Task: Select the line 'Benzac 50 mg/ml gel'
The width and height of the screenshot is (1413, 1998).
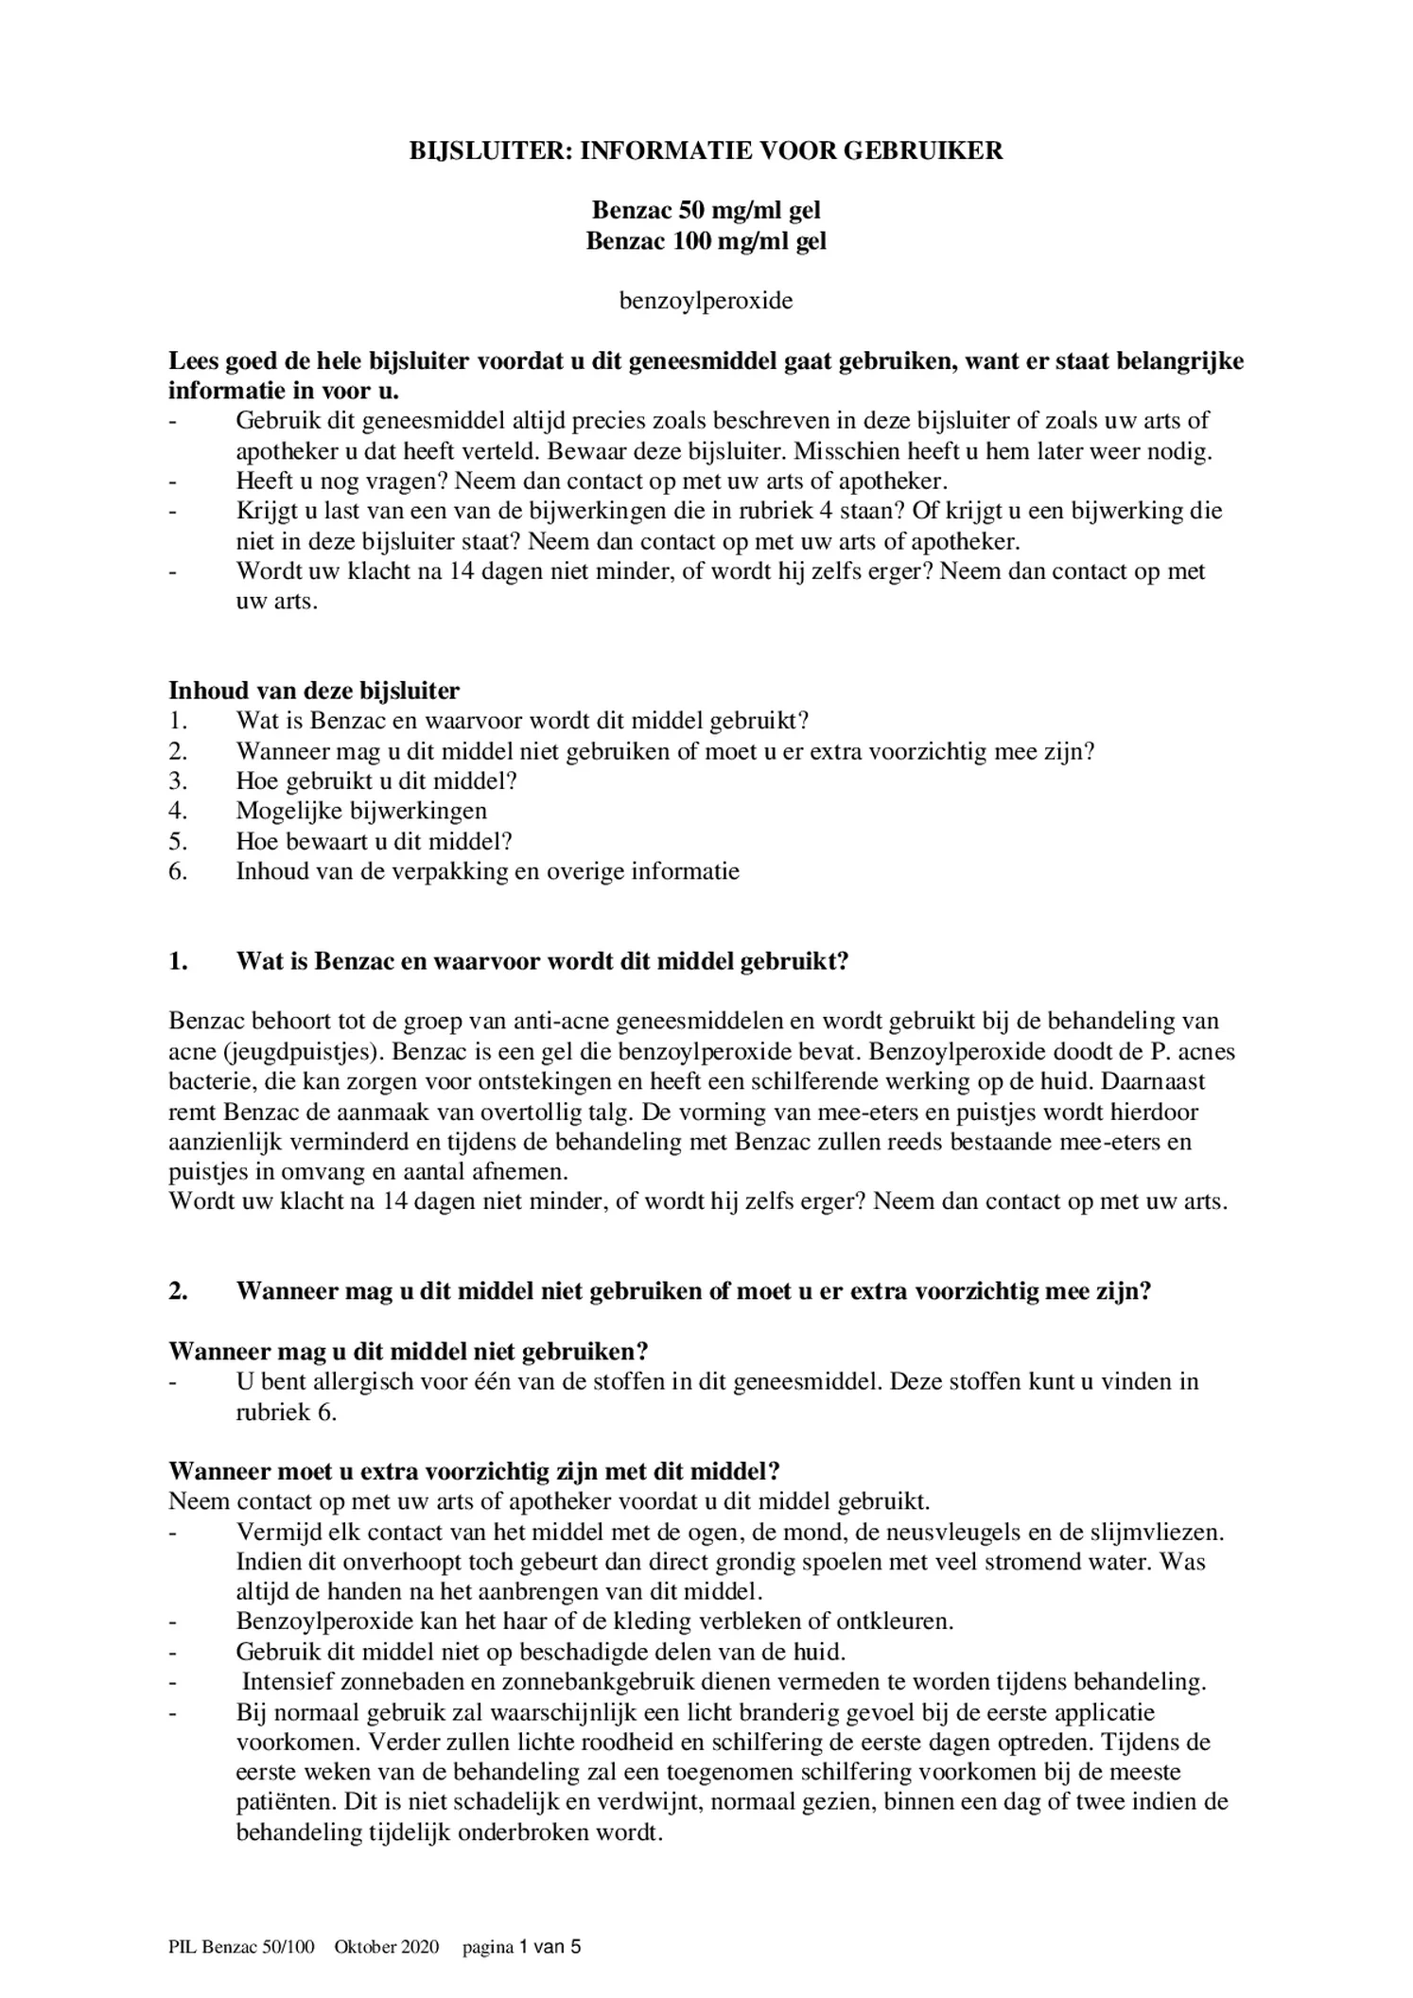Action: [706, 210]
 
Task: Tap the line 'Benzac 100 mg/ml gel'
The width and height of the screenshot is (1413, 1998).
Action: [706, 241]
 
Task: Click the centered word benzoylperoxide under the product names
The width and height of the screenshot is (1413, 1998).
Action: [706, 301]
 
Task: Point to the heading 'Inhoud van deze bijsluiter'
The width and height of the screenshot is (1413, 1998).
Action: [314, 690]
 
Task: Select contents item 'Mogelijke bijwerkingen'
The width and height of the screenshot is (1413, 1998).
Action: [361, 811]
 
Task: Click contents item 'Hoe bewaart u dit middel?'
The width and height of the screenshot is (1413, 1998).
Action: [374, 841]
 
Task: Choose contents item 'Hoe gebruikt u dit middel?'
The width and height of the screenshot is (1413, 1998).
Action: [376, 780]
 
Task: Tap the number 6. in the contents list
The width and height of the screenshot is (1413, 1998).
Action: [179, 871]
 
